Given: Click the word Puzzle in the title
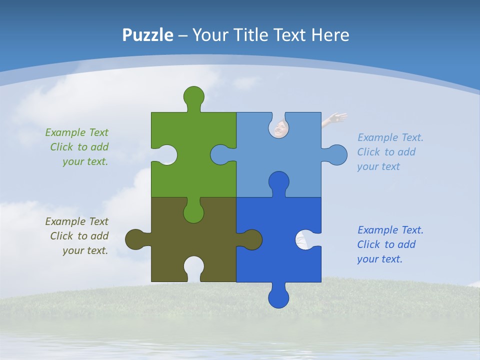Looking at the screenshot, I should (147, 35).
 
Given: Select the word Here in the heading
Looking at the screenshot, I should (330, 35).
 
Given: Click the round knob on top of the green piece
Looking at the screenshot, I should (194, 96).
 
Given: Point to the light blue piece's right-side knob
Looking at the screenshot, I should (337, 155).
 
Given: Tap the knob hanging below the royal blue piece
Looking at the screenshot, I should (278, 297).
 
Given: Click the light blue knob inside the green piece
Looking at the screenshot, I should (220, 154).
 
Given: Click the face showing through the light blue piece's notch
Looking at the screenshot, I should (279, 128).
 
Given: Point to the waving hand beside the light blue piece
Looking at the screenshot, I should (335, 118).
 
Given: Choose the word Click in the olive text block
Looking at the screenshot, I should (61, 236).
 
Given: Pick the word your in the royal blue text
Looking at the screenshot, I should (367, 259).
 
